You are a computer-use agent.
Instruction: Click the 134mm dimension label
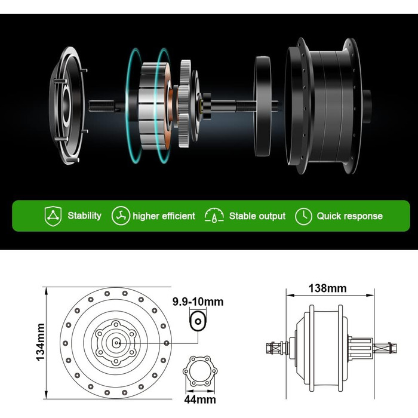40,342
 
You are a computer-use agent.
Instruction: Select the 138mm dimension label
328,288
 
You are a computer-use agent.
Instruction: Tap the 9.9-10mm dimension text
198,302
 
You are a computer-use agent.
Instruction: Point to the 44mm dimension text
200,399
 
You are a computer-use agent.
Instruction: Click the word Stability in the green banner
85,216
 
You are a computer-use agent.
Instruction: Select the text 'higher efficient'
164,216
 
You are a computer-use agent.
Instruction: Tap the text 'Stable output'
257,216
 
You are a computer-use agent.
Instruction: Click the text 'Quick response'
350,216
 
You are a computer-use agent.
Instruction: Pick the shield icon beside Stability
53,216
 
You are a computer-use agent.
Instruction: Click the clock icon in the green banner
303,216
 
